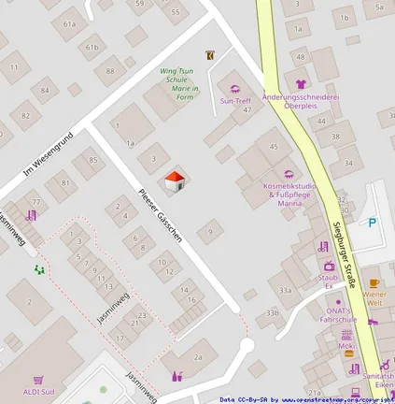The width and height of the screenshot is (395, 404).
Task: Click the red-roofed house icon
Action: click(x=174, y=180)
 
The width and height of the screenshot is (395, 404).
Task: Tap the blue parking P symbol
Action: click(x=373, y=223)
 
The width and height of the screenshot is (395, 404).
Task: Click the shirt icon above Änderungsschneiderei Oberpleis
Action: click(x=301, y=84)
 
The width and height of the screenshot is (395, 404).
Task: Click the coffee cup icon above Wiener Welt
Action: click(x=374, y=282)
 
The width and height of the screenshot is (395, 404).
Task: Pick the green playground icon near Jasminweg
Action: click(x=39, y=269)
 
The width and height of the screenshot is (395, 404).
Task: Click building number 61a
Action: click(x=70, y=22)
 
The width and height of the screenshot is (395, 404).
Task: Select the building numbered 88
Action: click(x=110, y=71)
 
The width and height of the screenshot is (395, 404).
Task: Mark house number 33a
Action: click(x=286, y=291)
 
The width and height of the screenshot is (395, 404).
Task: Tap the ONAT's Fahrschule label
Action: click(x=337, y=313)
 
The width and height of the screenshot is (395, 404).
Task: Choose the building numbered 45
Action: click(x=273, y=146)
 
